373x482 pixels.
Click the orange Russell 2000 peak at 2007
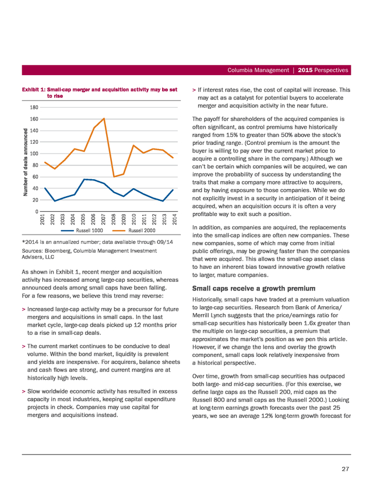point(104,118)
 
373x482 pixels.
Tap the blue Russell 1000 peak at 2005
point(85,179)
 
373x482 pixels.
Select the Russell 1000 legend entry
point(82,231)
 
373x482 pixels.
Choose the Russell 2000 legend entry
point(134,231)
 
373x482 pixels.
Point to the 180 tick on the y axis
point(34,107)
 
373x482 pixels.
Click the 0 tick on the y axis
point(37,211)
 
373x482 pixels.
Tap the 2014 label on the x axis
point(174,219)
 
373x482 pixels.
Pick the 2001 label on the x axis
point(43,219)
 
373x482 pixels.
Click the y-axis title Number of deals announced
point(26,162)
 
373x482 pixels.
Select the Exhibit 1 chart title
point(100,93)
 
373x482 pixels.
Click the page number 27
point(345,469)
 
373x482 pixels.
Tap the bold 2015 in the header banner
point(305,70)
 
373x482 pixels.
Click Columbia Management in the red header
point(258,70)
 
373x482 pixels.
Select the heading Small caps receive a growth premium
point(254,288)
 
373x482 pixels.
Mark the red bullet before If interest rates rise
point(194,90)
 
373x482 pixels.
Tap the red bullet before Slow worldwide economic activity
point(23,392)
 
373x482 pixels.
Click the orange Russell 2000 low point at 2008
point(114,177)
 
